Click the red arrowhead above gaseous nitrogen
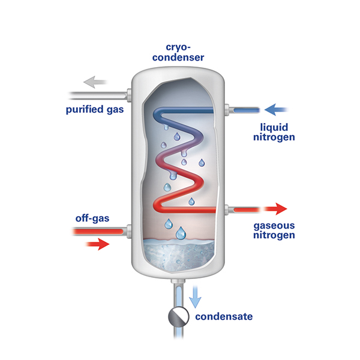[278, 209]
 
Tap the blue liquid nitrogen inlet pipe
[245, 110]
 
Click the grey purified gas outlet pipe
[96, 94]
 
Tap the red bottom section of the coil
[186, 209]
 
